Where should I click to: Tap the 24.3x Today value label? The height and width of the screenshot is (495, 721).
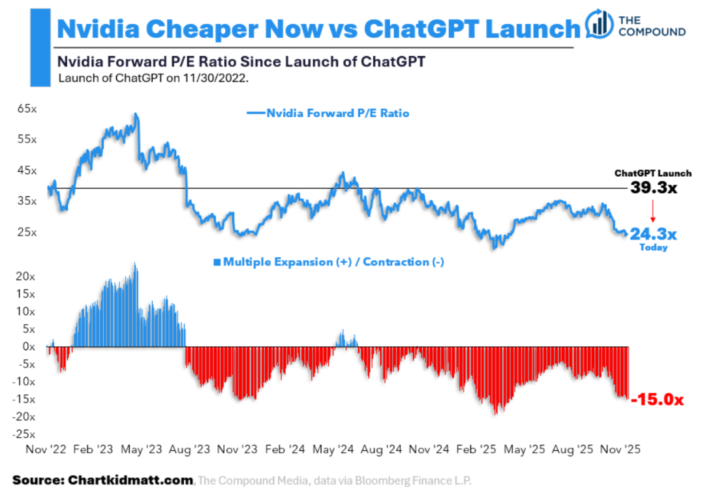click(653, 233)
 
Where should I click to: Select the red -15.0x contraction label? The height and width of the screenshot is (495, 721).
click(658, 400)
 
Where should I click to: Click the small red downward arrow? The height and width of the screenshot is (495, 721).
click(651, 212)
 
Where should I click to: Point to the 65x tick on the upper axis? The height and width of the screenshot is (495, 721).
click(26, 108)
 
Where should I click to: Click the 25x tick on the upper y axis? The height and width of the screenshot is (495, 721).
click(26, 232)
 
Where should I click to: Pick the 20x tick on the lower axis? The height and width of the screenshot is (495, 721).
click(25, 277)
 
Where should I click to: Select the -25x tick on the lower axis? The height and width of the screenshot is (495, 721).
click(25, 434)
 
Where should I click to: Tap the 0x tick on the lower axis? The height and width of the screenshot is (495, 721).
click(29, 347)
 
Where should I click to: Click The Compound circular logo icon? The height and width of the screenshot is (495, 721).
click(599, 24)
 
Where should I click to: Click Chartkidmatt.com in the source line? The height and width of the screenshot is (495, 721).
click(130, 481)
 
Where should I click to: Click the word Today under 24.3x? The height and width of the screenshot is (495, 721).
click(653, 248)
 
